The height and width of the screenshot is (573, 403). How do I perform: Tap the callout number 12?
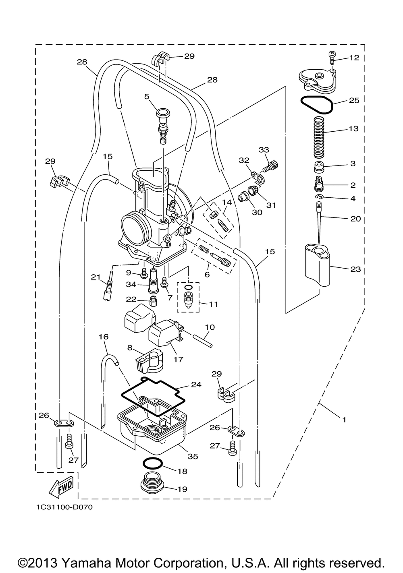(354, 58)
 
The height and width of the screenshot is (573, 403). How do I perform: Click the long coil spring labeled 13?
(319, 137)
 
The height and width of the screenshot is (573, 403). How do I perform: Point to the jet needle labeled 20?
(319, 222)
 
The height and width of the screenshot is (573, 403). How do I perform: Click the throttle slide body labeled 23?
(317, 265)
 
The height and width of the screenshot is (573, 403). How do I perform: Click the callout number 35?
(193, 456)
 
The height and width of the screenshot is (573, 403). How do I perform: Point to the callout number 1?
(344, 420)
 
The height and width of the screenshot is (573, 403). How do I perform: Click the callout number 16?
(104, 337)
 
